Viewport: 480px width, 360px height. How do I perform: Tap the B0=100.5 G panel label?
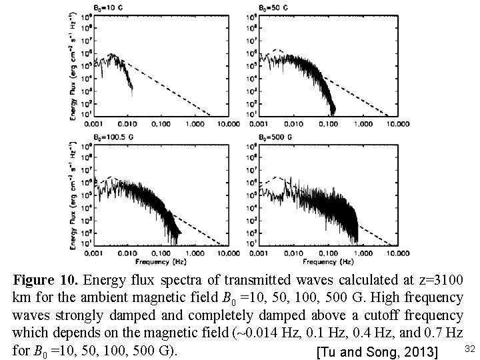(112, 138)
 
